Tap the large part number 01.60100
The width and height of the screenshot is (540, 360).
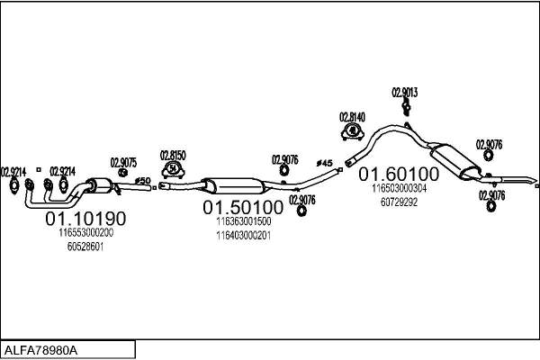point(400,173)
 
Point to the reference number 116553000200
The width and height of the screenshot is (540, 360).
point(85,232)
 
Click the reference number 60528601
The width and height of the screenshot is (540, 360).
point(85,246)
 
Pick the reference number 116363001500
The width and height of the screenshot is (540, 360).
point(242,221)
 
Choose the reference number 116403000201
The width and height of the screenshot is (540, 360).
point(242,235)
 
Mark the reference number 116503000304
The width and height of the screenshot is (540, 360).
point(400,188)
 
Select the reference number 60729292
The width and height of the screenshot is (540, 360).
point(400,202)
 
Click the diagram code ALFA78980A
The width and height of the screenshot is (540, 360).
point(41,348)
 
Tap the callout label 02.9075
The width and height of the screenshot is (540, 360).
point(123,163)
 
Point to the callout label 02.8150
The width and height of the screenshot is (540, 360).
point(173,155)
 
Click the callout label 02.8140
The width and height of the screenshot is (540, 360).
point(352,117)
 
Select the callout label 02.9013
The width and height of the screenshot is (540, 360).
point(405,92)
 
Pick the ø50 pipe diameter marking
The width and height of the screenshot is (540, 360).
point(141,181)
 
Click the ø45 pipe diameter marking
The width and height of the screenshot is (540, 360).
point(325,163)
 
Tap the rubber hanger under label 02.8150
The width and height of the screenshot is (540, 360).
point(173,169)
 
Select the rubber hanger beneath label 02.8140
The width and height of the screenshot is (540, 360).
point(352,132)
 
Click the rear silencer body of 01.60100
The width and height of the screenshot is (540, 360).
point(454,160)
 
